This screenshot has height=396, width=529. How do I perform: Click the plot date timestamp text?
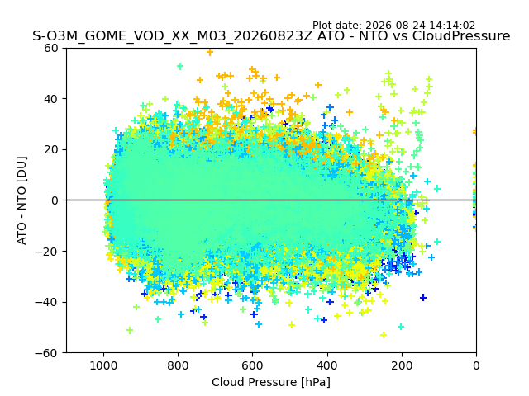(393, 26)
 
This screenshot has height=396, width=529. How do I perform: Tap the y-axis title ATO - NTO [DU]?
(21, 200)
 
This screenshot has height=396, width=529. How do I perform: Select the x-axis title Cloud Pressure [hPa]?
(271, 382)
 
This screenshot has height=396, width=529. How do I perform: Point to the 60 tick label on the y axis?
(51, 48)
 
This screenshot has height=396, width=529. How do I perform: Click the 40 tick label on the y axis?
(51, 99)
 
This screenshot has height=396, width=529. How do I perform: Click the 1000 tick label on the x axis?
(104, 365)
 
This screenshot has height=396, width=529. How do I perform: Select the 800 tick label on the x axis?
(179, 365)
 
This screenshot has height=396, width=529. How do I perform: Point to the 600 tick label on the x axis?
(253, 365)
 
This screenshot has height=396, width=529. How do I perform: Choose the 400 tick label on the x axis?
(327, 365)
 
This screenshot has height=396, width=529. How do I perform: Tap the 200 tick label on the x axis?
(402, 365)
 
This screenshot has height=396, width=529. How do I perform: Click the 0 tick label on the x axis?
(476, 365)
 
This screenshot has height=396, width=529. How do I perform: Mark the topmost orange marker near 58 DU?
(210, 52)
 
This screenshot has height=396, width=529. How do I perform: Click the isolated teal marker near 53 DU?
(180, 66)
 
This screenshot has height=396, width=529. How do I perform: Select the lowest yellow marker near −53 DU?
(384, 335)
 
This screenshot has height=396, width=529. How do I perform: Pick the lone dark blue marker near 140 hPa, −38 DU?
(423, 298)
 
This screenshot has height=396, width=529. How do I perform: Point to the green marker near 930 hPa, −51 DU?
(130, 330)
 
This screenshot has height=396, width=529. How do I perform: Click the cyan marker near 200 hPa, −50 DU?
(401, 327)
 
